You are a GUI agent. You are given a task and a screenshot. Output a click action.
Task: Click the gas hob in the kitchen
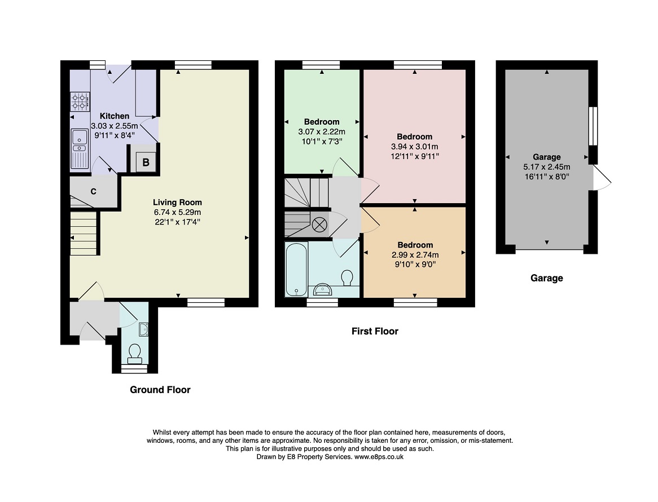pyautogui.click(x=80, y=102)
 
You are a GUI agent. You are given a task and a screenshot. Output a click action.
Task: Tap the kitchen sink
pyautogui.click(x=80, y=148)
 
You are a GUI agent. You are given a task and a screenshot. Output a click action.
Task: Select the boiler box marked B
pyautogui.click(x=146, y=162)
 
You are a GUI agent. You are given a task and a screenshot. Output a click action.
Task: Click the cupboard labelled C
pyautogui.click(x=93, y=192)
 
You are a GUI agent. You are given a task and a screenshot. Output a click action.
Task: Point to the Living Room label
pyautogui.click(x=178, y=202)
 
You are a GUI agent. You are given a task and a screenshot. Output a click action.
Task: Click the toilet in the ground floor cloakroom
pyautogui.click(x=135, y=354)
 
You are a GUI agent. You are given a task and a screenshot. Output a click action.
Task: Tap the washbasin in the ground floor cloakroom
pyautogui.click(x=143, y=329)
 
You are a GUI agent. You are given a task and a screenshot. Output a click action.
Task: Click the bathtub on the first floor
pyautogui.click(x=296, y=269)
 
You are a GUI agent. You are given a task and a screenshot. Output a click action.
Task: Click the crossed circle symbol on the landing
pyautogui.click(x=319, y=225)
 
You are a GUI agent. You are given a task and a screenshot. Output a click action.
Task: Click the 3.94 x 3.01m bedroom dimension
pyautogui.click(x=415, y=146)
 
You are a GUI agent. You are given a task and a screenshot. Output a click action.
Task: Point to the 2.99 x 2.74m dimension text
pyautogui.click(x=415, y=254)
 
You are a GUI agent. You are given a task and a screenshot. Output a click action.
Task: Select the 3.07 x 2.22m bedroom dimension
pyautogui.click(x=322, y=131)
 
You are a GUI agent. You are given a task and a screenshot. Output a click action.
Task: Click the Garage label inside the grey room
pyautogui.click(x=547, y=157)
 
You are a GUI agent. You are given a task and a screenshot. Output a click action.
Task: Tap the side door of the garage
pyautogui.click(x=601, y=178)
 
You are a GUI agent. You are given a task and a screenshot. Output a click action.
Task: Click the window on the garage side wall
pyautogui.click(x=593, y=126)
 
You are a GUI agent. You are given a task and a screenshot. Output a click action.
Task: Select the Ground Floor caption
pyautogui.click(x=160, y=390)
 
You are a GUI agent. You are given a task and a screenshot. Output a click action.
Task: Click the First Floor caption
pyautogui.click(x=375, y=331)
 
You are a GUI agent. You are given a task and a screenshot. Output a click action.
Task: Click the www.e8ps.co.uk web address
pyautogui.click(x=379, y=457)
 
